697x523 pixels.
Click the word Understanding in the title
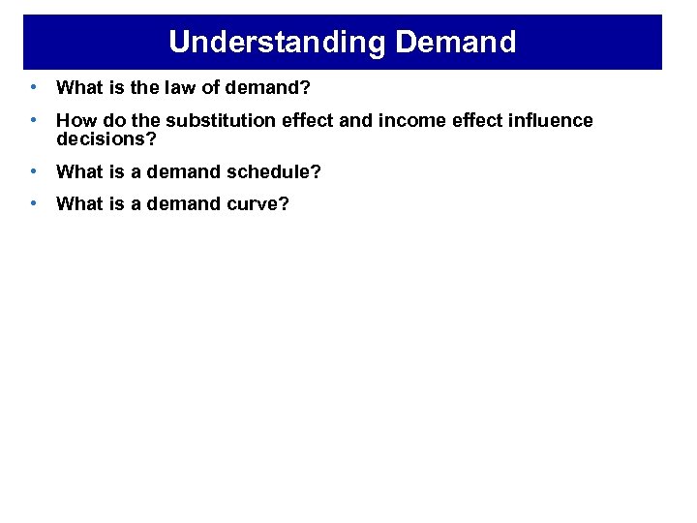[279, 42]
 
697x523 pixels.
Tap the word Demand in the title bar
[456, 42]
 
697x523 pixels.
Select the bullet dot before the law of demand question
[34, 87]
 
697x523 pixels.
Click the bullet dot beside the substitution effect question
[34, 120]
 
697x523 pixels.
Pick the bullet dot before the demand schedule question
[34, 171]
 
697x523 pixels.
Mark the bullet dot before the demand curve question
[34, 203]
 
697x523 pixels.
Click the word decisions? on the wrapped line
[106, 138]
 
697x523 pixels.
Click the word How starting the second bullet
[75, 121]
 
